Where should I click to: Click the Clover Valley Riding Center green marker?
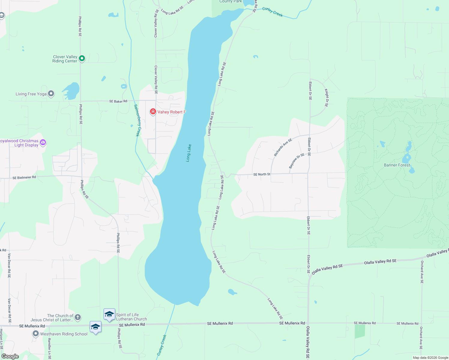click(x=82, y=58)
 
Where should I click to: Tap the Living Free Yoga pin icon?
click(x=51, y=94)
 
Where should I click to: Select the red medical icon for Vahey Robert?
click(x=153, y=112)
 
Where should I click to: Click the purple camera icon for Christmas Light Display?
click(x=43, y=142)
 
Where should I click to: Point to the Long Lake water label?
click(x=188, y=153)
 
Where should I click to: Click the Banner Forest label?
click(x=397, y=165)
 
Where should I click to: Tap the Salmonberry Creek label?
click(x=137, y=120)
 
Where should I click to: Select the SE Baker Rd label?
click(x=118, y=101)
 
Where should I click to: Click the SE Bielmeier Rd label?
click(x=24, y=178)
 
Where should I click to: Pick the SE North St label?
click(x=262, y=174)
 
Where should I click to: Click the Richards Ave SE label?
click(x=283, y=147)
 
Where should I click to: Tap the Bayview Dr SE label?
click(x=297, y=161)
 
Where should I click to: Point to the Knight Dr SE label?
click(x=327, y=97)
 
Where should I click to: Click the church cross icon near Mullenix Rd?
click(x=77, y=317)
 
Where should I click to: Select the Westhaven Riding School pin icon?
click(x=36, y=334)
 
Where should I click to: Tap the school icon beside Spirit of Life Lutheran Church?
click(x=109, y=314)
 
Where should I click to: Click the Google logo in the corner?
click(x=10, y=356)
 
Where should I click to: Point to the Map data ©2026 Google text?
click(x=430, y=358)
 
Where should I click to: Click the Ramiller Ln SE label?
click(x=50, y=349)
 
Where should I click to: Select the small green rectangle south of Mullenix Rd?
click(x=360, y=331)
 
